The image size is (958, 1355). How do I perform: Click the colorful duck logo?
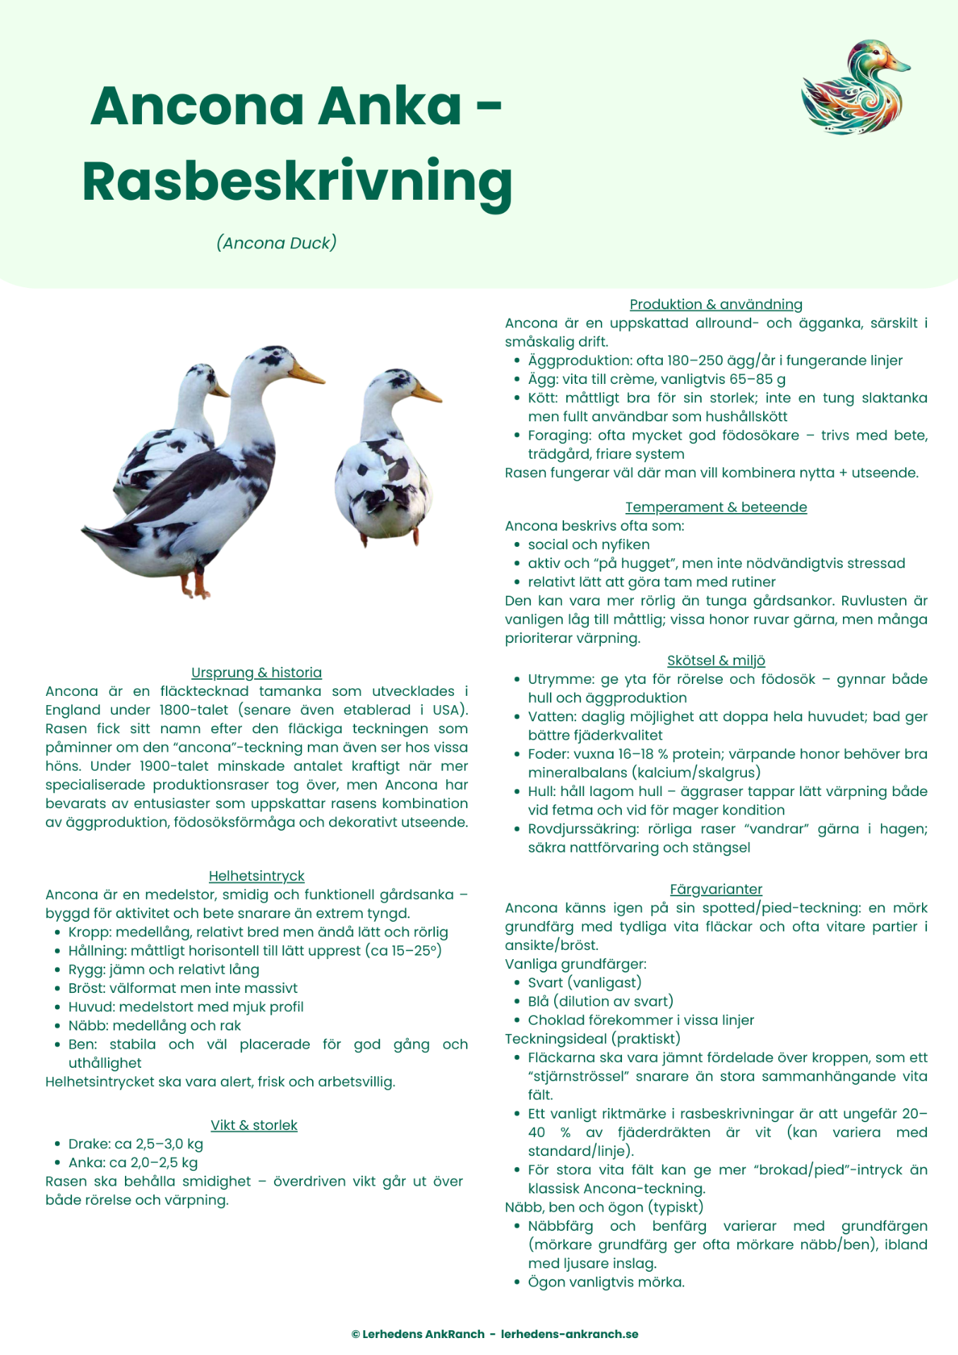[x=855, y=88]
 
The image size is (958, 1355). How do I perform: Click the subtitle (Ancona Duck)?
[x=276, y=243]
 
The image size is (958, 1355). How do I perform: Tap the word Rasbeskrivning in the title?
[x=297, y=181]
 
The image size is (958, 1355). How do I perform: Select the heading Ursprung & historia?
[x=256, y=673]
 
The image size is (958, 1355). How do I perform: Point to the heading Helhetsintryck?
[x=256, y=876]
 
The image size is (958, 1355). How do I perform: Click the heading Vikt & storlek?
[x=253, y=1125]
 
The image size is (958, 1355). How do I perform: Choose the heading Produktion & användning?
[x=716, y=304]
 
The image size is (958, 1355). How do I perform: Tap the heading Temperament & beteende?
[x=716, y=507]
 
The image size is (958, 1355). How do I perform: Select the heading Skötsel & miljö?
[x=716, y=661]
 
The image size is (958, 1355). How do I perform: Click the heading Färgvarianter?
[x=716, y=889]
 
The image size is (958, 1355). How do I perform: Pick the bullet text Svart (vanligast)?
[x=585, y=982]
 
